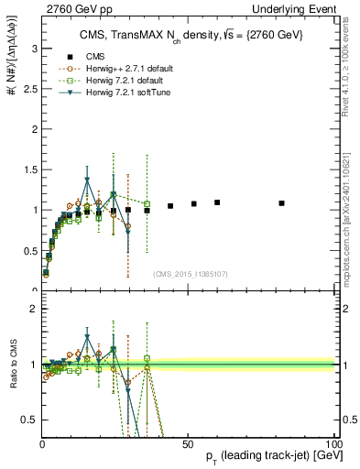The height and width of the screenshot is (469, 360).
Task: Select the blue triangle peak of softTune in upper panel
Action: (x=87, y=180)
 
